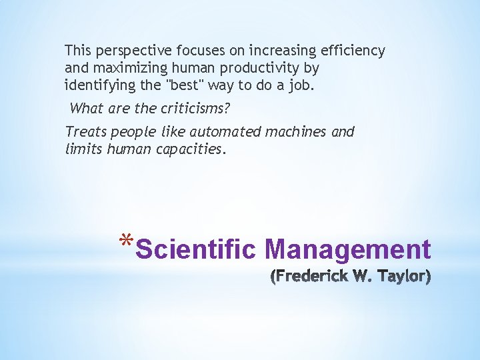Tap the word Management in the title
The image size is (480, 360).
click(x=348, y=250)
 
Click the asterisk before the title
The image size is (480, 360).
click(x=127, y=241)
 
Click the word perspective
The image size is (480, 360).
click(x=132, y=51)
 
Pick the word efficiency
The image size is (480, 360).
click(x=354, y=51)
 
